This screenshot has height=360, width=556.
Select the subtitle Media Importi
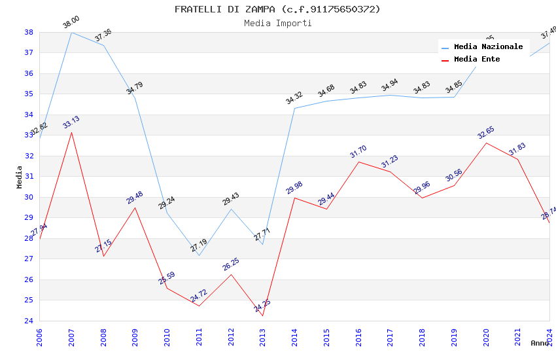pyautogui.click(x=277, y=23)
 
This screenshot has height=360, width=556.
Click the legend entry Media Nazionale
pyautogui.click(x=488, y=47)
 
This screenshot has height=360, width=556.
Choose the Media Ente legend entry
pyautogui.click(x=477, y=60)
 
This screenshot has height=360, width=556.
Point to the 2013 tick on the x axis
pyautogui.click(x=263, y=336)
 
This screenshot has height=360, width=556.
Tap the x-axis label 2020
pyautogui.click(x=486, y=336)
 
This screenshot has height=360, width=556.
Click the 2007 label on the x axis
pyautogui.click(x=71, y=336)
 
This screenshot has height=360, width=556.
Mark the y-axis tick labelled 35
pyautogui.click(x=29, y=94)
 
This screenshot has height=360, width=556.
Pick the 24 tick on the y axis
pyautogui.click(x=29, y=321)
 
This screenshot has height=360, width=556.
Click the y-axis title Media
pyautogui.click(x=20, y=177)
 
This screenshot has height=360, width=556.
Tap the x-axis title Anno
pyautogui.click(x=540, y=343)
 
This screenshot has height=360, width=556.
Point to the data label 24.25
pyautogui.click(x=262, y=306)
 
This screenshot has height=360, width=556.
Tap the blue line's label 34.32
pyautogui.click(x=294, y=98)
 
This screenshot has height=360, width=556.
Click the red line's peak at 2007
pyautogui.click(x=71, y=132)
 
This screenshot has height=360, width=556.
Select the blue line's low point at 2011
pyautogui.click(x=199, y=255)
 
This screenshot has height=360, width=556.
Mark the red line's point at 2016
pyautogui.click(x=358, y=162)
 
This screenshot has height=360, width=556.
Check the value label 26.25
pyautogui.click(x=230, y=264)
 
